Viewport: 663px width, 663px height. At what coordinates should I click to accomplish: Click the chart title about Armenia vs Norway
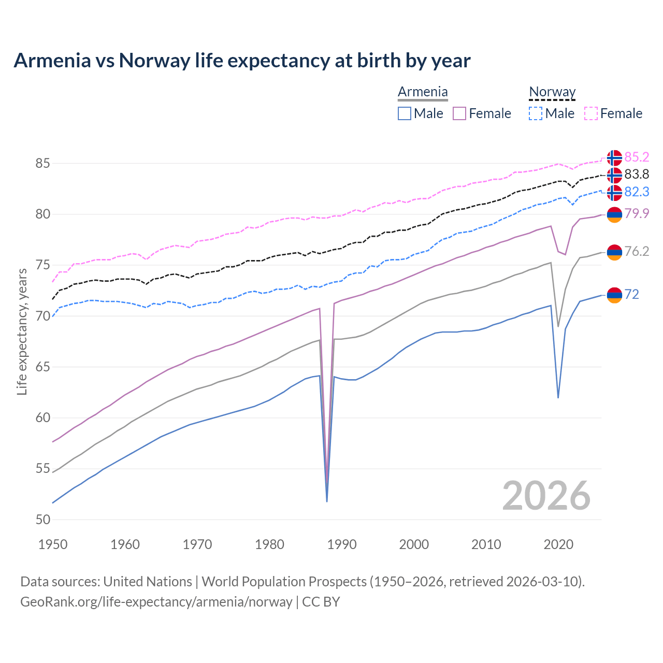click(242, 61)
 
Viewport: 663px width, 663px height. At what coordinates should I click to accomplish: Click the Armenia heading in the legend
click(423, 92)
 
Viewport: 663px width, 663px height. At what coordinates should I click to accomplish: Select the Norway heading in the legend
click(552, 92)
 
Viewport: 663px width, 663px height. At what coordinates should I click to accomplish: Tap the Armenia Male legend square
click(405, 113)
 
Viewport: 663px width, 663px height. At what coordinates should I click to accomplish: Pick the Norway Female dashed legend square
click(591, 113)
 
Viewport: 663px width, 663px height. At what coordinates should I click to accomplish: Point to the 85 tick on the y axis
click(42, 164)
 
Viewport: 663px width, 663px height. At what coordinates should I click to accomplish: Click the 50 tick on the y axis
click(42, 520)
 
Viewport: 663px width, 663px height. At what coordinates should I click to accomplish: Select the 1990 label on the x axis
click(342, 544)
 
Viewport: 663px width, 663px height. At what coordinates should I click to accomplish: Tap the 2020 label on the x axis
click(558, 544)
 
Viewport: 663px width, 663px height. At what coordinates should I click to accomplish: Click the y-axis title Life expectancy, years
click(22, 331)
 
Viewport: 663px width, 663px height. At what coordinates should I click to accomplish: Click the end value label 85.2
click(637, 157)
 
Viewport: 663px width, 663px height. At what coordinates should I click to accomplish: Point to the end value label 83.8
click(637, 175)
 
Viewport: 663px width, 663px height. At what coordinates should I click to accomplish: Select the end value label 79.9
click(637, 213)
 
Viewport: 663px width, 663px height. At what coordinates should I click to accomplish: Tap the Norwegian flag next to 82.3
click(614, 192)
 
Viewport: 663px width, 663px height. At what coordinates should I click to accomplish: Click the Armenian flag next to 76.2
click(614, 252)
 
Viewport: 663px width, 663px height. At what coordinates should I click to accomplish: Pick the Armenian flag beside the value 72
click(614, 295)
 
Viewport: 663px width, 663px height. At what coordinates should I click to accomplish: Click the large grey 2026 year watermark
click(546, 496)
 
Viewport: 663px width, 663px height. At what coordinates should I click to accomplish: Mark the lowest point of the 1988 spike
click(327, 501)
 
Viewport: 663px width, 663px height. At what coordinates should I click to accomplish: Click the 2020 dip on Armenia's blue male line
click(558, 397)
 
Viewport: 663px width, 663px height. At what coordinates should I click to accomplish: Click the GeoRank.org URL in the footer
click(156, 602)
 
